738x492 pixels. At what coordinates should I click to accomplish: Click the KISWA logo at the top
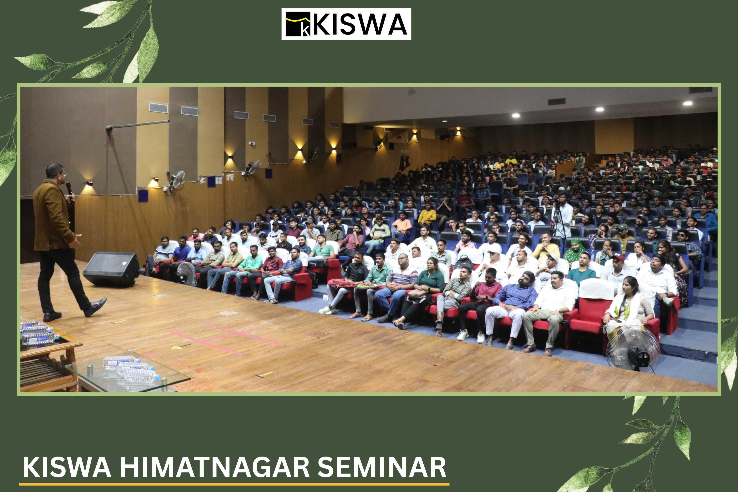click(346, 24)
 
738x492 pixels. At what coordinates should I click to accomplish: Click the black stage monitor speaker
click(111, 269)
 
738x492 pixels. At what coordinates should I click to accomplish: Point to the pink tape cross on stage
click(226, 338)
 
